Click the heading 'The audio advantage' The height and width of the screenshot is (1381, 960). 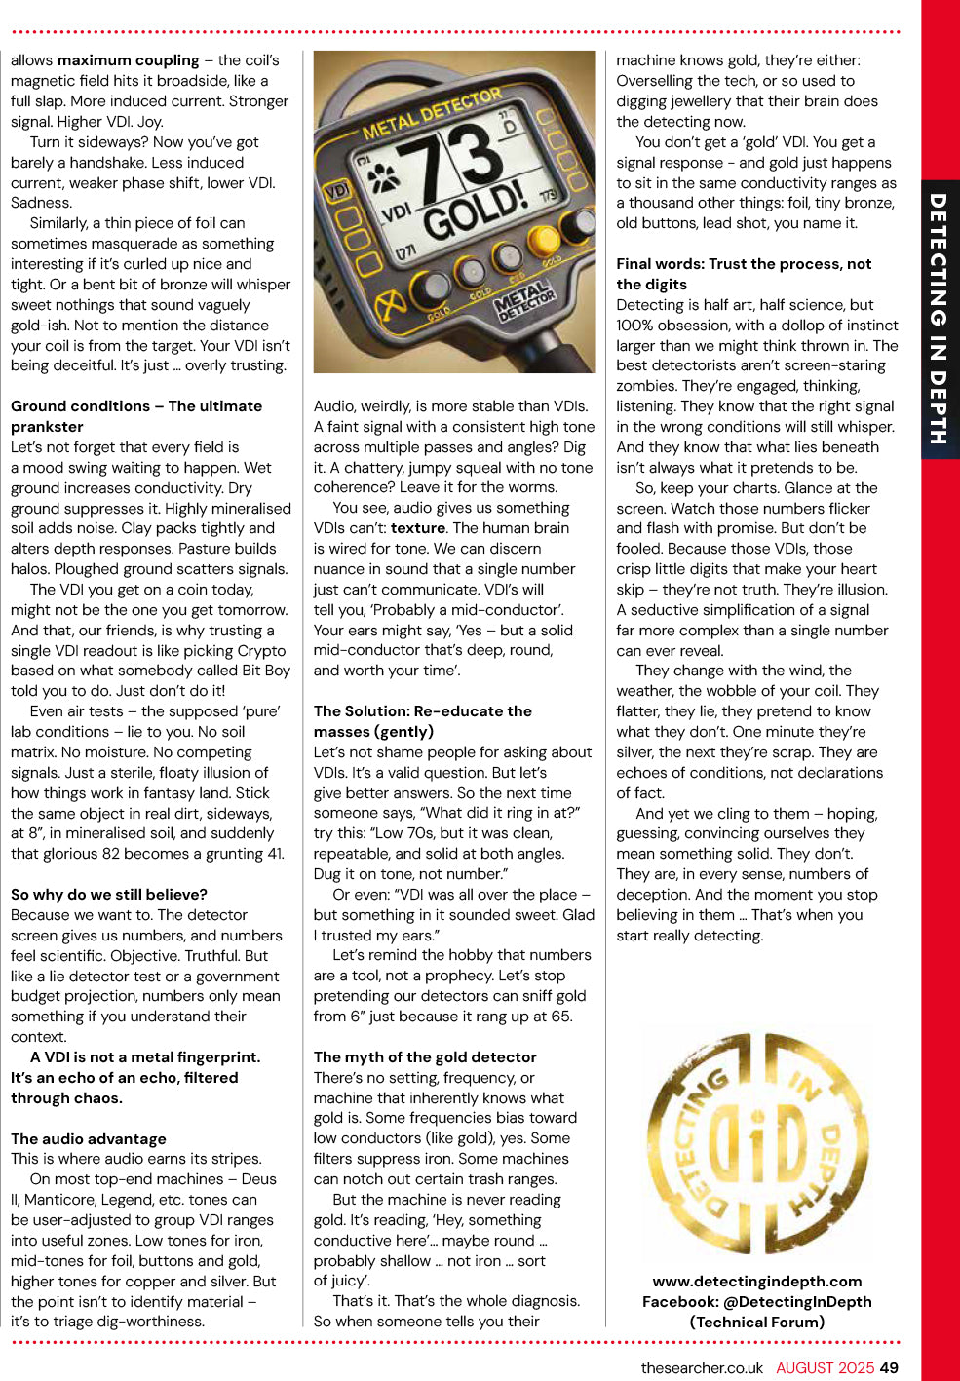pos(89,1138)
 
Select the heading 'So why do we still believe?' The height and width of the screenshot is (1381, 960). pos(109,894)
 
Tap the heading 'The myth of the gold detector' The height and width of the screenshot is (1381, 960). pos(425,1056)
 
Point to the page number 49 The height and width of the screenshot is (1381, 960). pos(889,1367)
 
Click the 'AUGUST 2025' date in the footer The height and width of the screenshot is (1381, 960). pos(825,1367)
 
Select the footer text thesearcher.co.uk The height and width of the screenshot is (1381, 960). pos(702,1367)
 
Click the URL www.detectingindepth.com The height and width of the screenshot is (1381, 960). pos(757,1281)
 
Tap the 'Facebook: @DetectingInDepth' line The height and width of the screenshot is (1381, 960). pos(757,1301)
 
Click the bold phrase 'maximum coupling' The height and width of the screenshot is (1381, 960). pos(141,60)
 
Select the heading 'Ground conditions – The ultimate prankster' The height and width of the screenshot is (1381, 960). pos(136,415)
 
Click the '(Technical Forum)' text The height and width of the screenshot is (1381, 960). pos(757,1322)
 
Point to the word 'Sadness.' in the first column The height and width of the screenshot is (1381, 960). pos(41,203)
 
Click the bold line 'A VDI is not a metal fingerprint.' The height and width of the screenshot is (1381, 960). pos(145,1056)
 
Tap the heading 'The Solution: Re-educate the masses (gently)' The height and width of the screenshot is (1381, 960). pos(423,720)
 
